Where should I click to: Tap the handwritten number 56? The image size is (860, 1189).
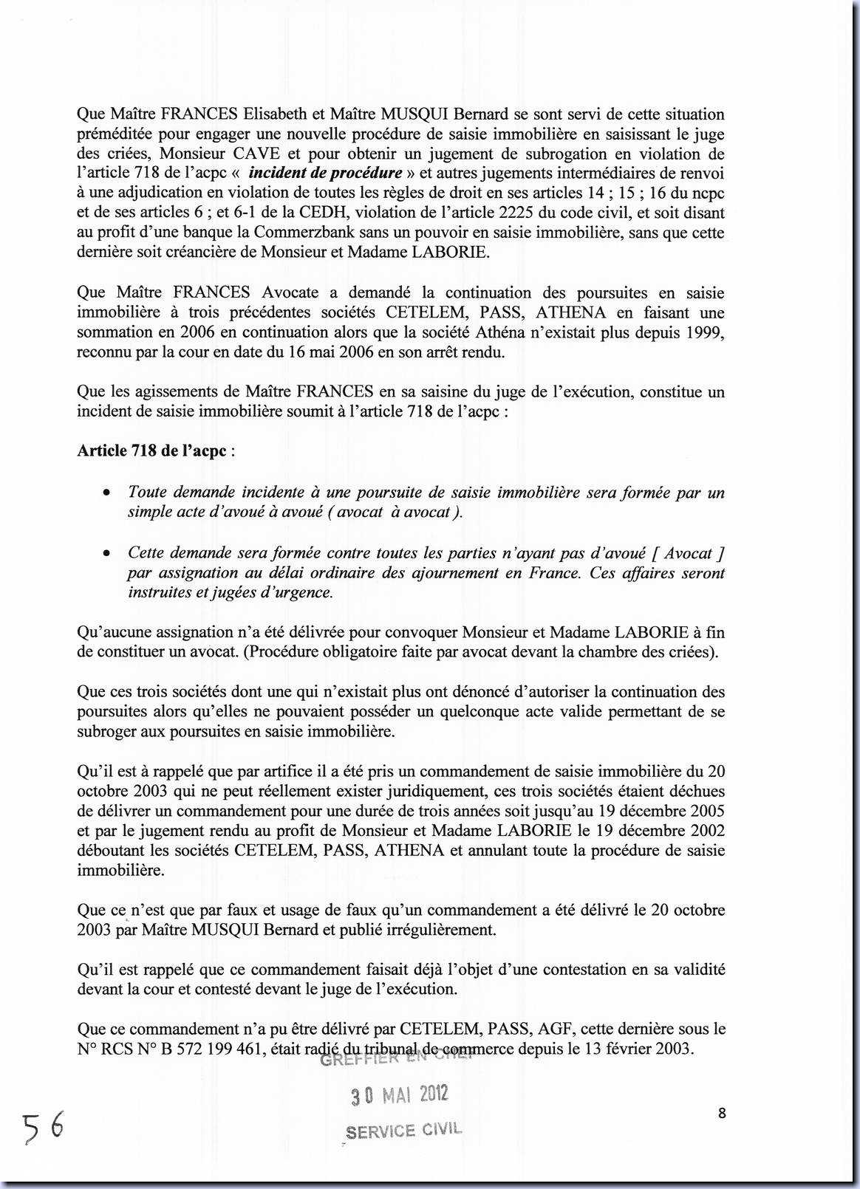pos(42,1127)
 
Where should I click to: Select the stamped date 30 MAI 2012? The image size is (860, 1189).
pos(400,1094)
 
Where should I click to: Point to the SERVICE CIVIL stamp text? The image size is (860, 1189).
pos(403,1131)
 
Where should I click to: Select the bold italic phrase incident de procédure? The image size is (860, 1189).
pos(326,174)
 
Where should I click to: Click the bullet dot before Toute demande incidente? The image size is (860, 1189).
pos(108,493)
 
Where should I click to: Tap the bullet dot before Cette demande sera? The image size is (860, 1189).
pos(108,553)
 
